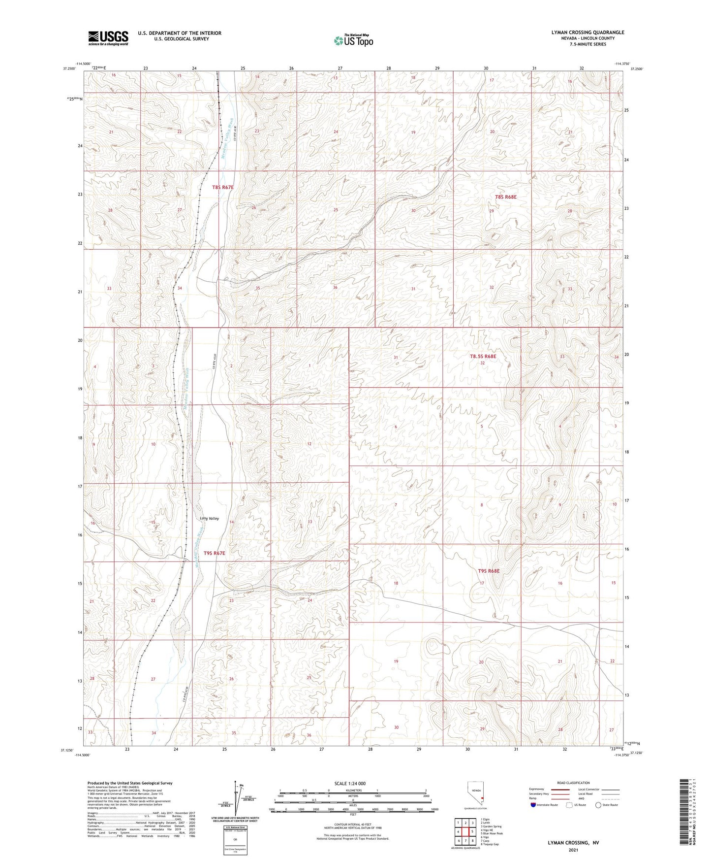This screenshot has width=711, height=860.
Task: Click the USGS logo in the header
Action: tap(108, 38)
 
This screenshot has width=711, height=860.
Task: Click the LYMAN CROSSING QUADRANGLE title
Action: tap(587, 33)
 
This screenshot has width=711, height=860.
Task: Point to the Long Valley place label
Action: tap(209, 519)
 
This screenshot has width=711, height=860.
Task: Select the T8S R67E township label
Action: tap(222, 187)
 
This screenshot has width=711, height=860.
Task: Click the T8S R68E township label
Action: tap(505, 197)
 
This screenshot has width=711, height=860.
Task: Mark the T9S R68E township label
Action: tap(489, 571)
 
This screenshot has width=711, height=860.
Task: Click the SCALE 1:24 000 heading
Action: tap(350, 783)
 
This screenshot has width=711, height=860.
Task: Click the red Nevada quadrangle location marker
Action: tap(483, 798)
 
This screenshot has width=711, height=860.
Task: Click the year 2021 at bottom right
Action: tap(573, 850)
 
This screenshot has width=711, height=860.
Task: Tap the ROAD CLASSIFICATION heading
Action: tap(573, 783)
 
